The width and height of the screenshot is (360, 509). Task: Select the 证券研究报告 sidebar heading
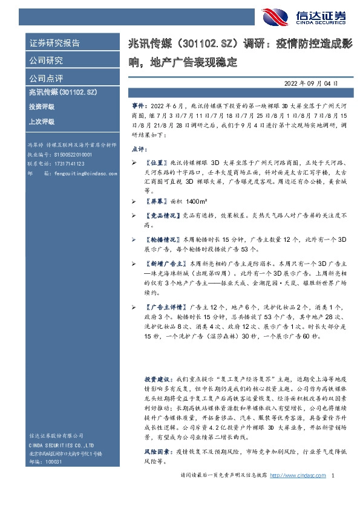tap(54, 43)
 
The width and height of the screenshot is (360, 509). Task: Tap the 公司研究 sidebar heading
tap(46, 60)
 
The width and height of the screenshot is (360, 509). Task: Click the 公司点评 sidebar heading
tap(46, 78)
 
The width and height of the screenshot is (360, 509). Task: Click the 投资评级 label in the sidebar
tap(41, 106)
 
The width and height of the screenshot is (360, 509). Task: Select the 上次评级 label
tap(41, 122)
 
